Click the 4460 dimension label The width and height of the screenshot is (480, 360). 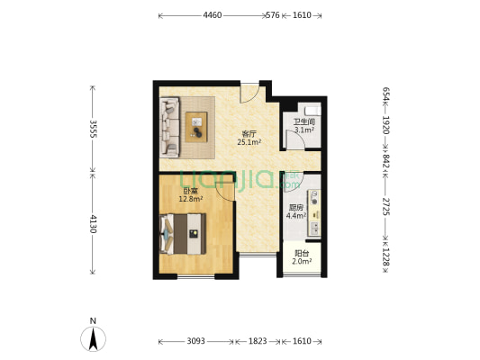pyautogui.click(x=213, y=15)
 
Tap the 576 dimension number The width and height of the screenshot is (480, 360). pyautogui.click(x=273, y=15)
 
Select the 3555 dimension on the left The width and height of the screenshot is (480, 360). pyautogui.click(x=93, y=129)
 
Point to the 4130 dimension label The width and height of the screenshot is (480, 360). pyautogui.click(x=93, y=223)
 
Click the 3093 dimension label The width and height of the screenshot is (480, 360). pyautogui.click(x=196, y=341)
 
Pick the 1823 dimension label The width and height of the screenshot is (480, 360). pyautogui.click(x=258, y=341)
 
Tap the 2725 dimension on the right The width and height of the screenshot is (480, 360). pyautogui.click(x=386, y=206)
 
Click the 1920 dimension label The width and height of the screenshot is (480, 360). pyautogui.click(x=386, y=125)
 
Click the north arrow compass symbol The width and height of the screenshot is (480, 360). pyautogui.click(x=93, y=338)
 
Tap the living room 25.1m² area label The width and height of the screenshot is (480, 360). pyautogui.click(x=249, y=138)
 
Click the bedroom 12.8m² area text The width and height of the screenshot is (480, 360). pyautogui.click(x=190, y=195)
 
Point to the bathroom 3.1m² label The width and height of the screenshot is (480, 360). pyautogui.click(x=304, y=126)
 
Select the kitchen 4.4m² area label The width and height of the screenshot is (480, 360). pyautogui.click(x=296, y=211)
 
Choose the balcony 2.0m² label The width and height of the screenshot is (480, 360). pyautogui.click(x=302, y=257)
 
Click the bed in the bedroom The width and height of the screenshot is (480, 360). pyautogui.click(x=183, y=234)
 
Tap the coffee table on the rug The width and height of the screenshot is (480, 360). pyautogui.click(x=196, y=127)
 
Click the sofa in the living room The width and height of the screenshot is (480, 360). pyautogui.click(x=169, y=127)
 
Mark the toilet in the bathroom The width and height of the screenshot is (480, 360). pyautogui.click(x=312, y=111)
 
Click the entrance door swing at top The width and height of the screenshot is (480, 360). pyautogui.click(x=249, y=93)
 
